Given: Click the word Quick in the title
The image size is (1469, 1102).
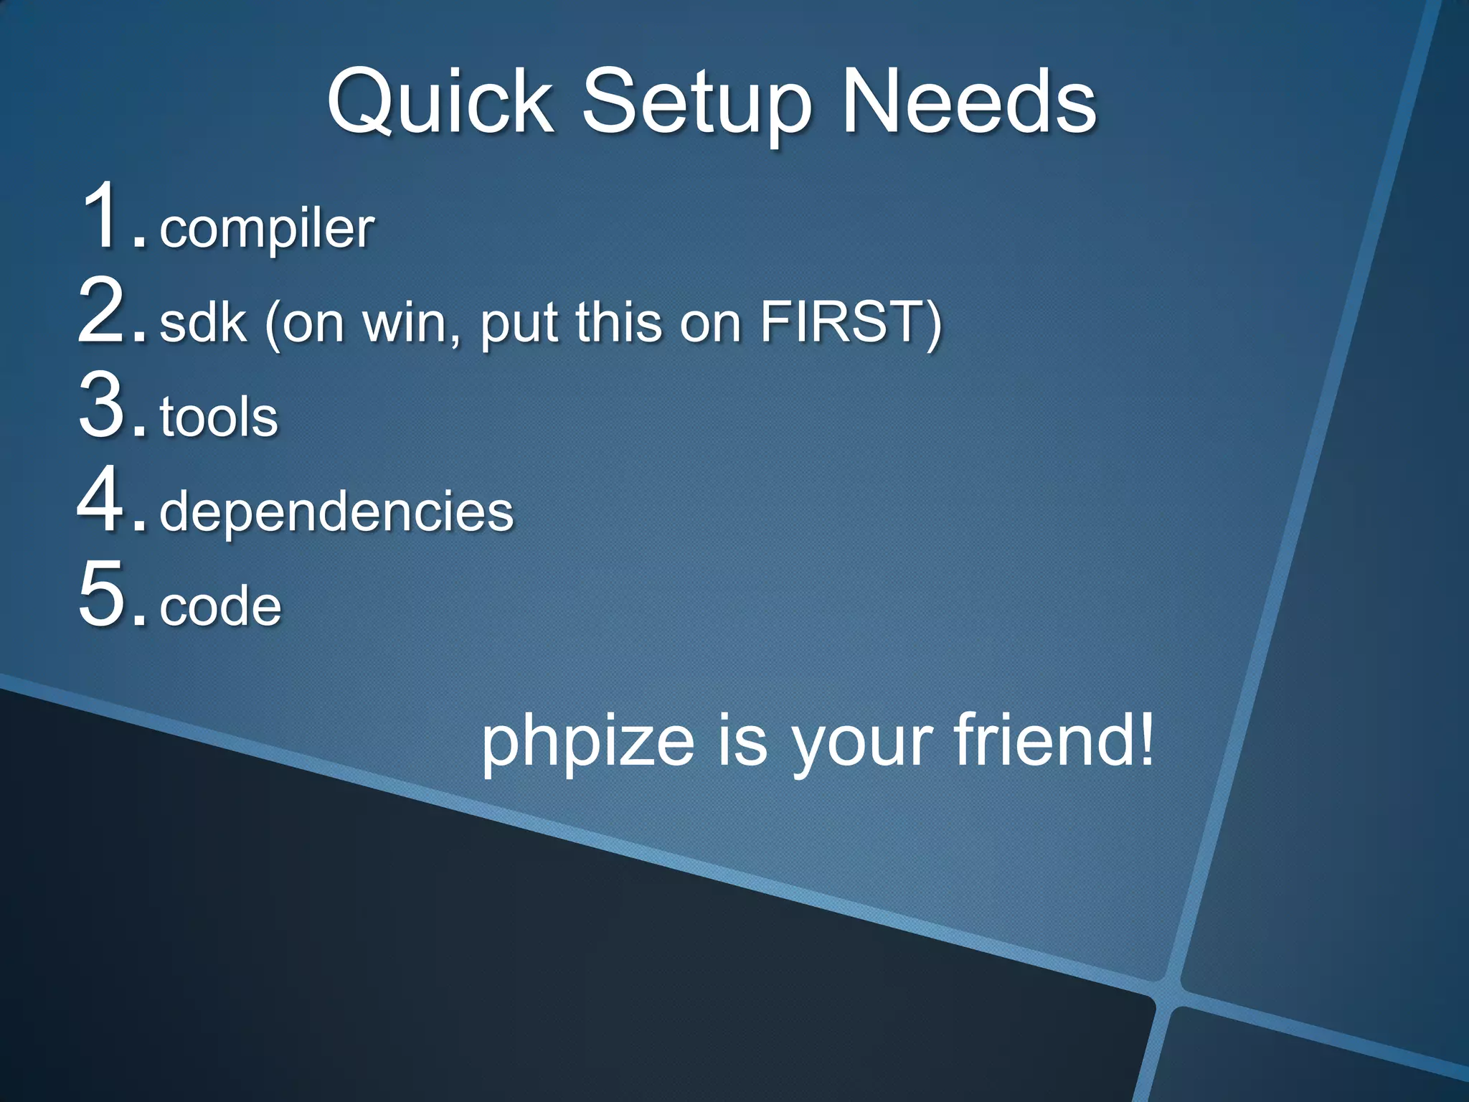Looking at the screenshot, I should [440, 102].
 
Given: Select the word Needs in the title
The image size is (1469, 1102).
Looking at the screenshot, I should [968, 102].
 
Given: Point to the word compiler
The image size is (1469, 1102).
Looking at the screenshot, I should [266, 230].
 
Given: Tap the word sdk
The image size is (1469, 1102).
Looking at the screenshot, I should [203, 323].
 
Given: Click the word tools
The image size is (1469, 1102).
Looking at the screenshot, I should [219, 418].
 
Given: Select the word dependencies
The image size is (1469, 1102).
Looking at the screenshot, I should [336, 512].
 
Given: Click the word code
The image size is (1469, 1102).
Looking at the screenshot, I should [220, 607].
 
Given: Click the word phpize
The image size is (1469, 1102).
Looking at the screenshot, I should [587, 742].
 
